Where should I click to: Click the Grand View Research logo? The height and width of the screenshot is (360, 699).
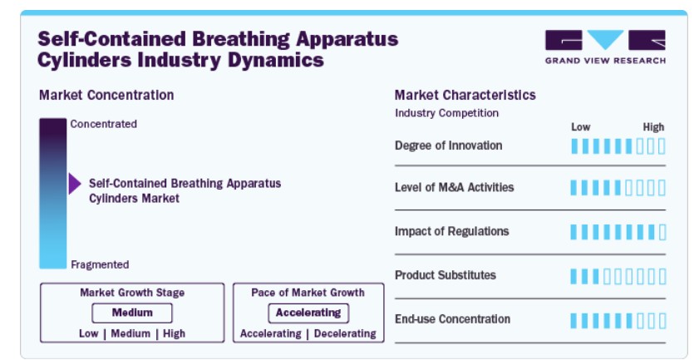[x=605, y=47]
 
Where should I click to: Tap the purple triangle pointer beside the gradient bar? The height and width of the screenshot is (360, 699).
[x=75, y=184]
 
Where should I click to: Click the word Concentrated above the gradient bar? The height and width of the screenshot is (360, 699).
[x=103, y=124]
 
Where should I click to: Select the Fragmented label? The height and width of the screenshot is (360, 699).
[x=100, y=264]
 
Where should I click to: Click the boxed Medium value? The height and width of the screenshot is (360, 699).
[x=132, y=313]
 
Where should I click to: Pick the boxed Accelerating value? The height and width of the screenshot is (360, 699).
[x=308, y=313]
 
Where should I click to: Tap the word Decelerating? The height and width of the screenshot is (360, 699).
[x=345, y=333]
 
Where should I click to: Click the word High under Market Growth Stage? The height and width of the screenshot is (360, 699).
[x=174, y=333]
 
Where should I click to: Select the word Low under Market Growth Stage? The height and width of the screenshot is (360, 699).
[x=89, y=333]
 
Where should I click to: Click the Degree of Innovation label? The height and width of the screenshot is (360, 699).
[x=449, y=145]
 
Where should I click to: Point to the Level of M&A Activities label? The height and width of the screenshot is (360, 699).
[x=455, y=187]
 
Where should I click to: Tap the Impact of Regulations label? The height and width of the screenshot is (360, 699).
[x=451, y=231]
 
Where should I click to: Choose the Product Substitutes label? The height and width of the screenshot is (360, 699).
[x=445, y=275]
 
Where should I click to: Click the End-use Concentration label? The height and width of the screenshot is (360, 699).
[x=452, y=319]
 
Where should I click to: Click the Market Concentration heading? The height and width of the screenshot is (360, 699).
[x=106, y=95]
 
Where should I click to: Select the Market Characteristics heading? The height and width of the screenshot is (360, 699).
[x=465, y=95]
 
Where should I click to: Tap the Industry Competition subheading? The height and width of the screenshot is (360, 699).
[x=446, y=113]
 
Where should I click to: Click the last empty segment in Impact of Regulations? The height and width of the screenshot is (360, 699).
[x=662, y=232]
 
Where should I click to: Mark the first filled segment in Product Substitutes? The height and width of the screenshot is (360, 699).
[x=573, y=277]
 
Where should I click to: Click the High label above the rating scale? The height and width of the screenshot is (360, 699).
[x=653, y=127]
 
